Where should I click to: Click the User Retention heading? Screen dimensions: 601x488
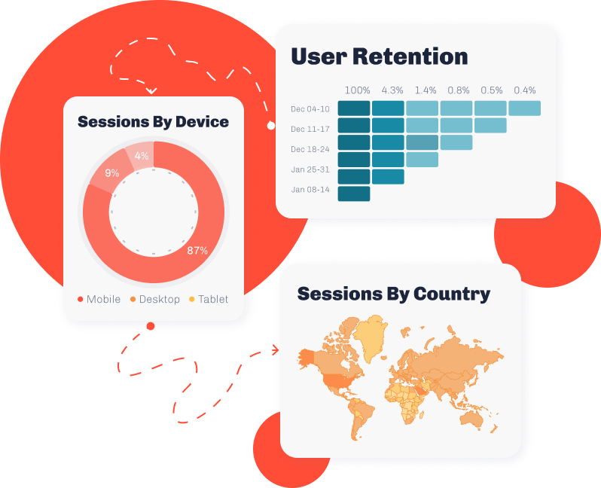(x=380, y=56)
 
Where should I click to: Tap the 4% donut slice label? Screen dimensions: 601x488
(x=142, y=156)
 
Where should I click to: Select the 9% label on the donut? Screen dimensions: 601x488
(x=112, y=173)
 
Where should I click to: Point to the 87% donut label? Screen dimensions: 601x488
(x=197, y=251)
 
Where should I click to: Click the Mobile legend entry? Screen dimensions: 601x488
(x=99, y=299)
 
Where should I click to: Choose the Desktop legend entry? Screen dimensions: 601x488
(x=155, y=299)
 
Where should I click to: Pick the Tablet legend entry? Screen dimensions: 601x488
(x=209, y=299)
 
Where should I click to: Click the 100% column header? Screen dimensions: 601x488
(x=357, y=90)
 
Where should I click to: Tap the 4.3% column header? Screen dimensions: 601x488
(x=392, y=90)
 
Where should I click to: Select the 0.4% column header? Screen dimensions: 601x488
(x=525, y=90)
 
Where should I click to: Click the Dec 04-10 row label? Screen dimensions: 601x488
(x=310, y=109)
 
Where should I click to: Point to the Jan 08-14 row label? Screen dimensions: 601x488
(x=310, y=189)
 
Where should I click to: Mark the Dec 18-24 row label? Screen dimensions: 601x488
(x=310, y=149)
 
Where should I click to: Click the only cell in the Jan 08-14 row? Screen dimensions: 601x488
(x=354, y=194)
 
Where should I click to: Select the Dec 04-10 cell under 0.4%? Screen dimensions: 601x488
(x=525, y=108)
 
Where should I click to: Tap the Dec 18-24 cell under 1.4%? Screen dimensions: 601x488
(x=422, y=142)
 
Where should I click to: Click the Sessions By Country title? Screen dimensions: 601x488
(x=394, y=294)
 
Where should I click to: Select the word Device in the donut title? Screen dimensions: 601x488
(x=202, y=122)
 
